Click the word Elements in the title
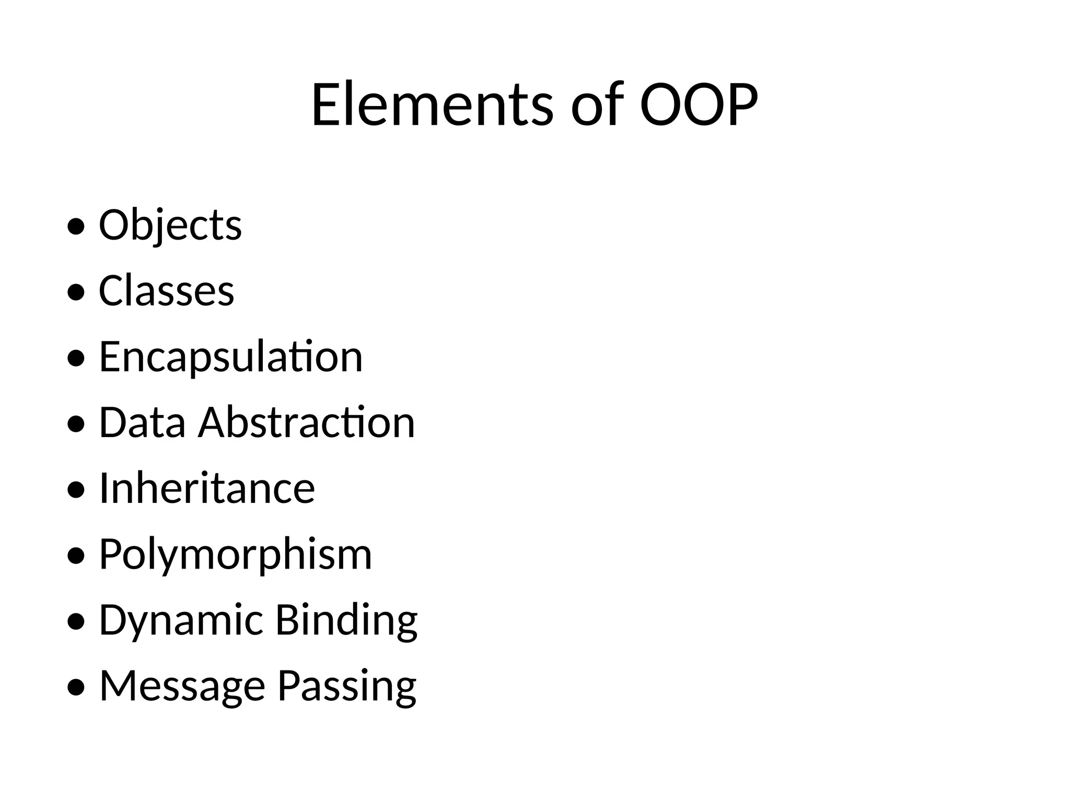(432, 105)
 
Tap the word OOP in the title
(699, 105)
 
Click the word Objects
(170, 226)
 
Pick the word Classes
(167, 291)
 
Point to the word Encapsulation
(231, 357)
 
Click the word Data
(142, 423)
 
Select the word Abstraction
(307, 423)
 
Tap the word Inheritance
(207, 489)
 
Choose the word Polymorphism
(236, 555)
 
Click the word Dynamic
(181, 620)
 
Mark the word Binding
(346, 620)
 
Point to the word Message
(182, 686)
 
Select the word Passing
(347, 686)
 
